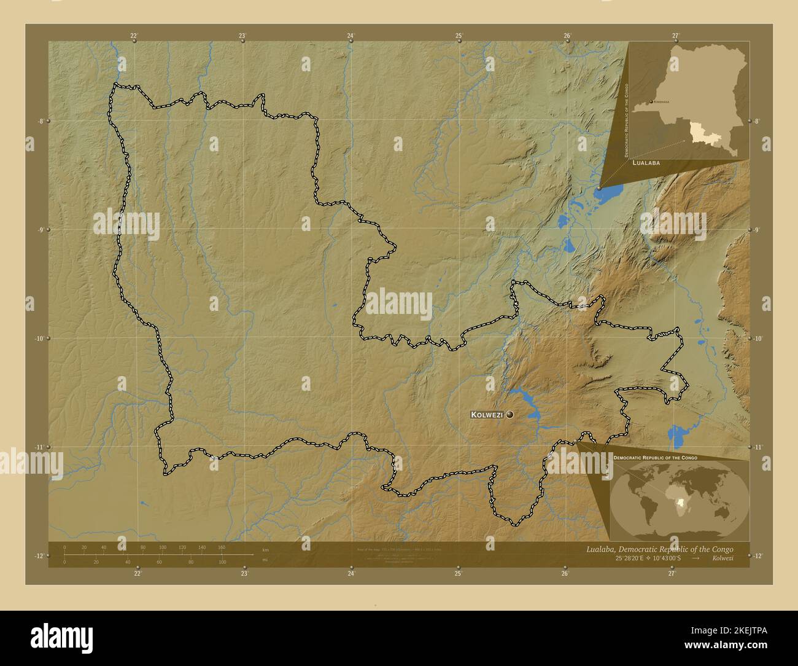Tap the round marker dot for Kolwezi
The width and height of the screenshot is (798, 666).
click(510, 415)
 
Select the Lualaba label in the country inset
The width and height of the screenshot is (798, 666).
click(646, 163)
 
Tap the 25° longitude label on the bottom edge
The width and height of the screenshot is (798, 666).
click(458, 574)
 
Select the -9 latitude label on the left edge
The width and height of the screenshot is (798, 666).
click(40, 230)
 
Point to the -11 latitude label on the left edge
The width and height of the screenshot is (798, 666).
click(40, 447)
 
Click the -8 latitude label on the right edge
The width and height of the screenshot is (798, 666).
click(757, 121)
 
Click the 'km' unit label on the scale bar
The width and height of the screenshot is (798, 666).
click(265, 549)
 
